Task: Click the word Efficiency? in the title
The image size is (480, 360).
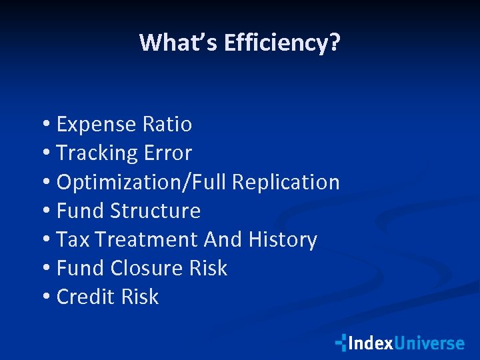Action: tap(282, 43)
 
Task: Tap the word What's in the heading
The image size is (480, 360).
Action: tap(179, 43)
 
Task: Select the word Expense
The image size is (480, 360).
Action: tap(97, 125)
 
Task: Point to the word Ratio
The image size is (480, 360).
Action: tap(167, 125)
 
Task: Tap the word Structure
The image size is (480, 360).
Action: tap(155, 211)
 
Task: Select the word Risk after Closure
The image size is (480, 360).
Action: tap(208, 268)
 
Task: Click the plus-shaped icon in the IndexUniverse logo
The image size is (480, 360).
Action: tap(341, 343)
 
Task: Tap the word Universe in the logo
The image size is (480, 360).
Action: tap(429, 343)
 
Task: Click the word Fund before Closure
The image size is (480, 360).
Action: tap(81, 268)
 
